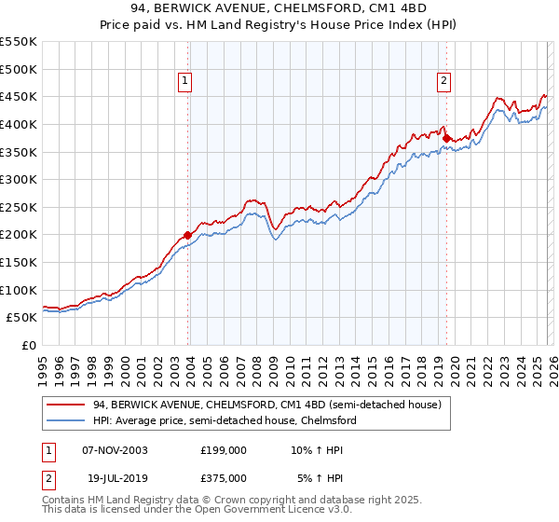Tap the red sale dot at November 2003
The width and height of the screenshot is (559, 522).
tap(187, 235)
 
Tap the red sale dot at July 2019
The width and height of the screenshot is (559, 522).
tap(445, 138)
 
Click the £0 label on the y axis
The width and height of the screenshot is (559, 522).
tap(29, 345)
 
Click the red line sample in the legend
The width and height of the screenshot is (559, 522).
tap(66, 405)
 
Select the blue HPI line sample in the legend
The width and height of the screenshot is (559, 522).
tap(66, 420)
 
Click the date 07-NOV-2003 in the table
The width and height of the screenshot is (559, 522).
tap(116, 450)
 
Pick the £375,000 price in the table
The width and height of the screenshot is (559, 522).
tap(224, 477)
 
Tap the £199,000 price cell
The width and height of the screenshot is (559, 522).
tap(224, 450)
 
